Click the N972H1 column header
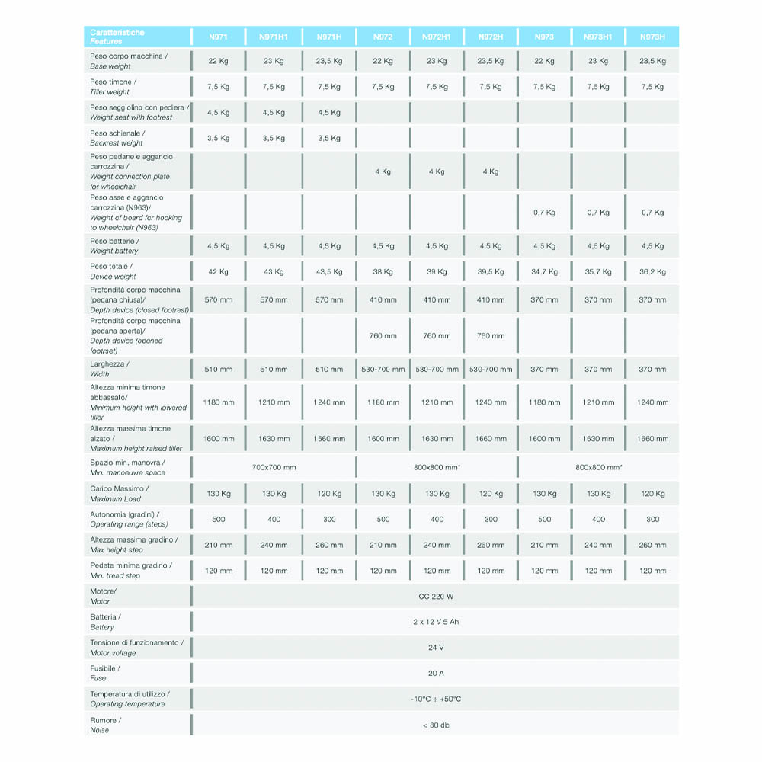(437, 37)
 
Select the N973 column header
(544, 37)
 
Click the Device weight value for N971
(219, 272)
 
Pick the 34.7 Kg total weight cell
(544, 272)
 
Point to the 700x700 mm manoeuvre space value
(274, 467)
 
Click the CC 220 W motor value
(436, 597)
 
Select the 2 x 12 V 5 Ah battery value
(436, 623)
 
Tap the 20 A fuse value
(436, 674)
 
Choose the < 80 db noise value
(436, 725)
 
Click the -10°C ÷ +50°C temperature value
(436, 700)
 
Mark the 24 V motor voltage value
(436, 648)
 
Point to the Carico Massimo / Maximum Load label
(120, 494)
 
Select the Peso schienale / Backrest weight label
(117, 138)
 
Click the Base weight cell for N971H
(329, 61)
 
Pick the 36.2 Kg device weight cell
(652, 272)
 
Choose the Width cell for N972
(383, 370)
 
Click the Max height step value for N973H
(652, 546)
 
